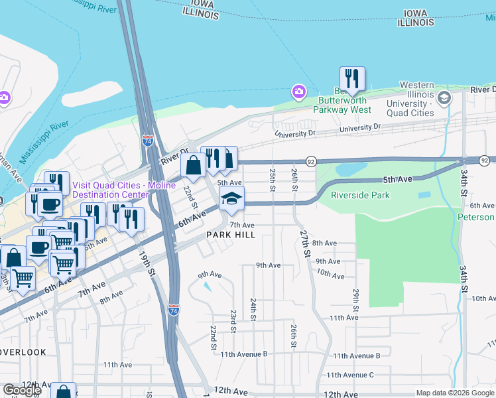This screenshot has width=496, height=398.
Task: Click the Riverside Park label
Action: tap(360, 195)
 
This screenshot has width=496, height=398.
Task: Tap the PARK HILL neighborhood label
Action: tap(230, 235)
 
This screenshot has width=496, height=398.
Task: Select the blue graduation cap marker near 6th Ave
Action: tap(231, 198)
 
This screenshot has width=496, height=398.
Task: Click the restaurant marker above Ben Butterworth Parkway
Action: tap(352, 79)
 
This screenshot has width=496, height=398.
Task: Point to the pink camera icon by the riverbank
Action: tap(299, 90)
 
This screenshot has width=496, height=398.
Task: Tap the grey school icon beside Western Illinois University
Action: tap(444, 98)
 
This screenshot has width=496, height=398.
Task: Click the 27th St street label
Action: tap(304, 243)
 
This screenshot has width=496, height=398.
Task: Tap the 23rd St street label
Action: tap(233, 321)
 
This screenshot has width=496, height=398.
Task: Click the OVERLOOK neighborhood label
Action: tap(23, 352)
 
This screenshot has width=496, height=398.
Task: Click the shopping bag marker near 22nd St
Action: tap(193, 166)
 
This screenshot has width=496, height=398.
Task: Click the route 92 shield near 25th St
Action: tap(310, 161)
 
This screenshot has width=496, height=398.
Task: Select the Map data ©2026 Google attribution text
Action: tap(455, 393)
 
